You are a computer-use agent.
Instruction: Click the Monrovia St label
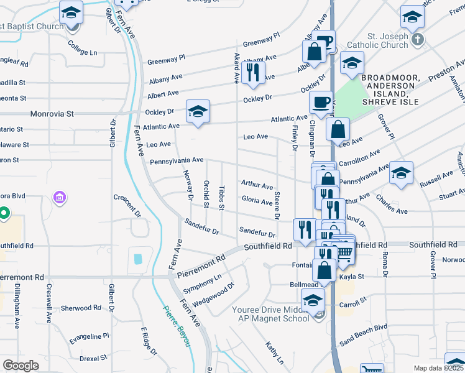pos(53,114)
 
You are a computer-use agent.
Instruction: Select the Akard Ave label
pos(236,68)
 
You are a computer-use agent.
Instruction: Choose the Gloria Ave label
pos(257,201)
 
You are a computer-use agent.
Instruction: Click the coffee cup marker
pos(321,103)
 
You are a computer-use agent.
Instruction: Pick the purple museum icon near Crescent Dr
pos(60,198)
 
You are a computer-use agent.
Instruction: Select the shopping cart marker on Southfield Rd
pos(344,251)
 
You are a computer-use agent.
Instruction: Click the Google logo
pos(21,366)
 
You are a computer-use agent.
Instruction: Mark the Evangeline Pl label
pos(89,336)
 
